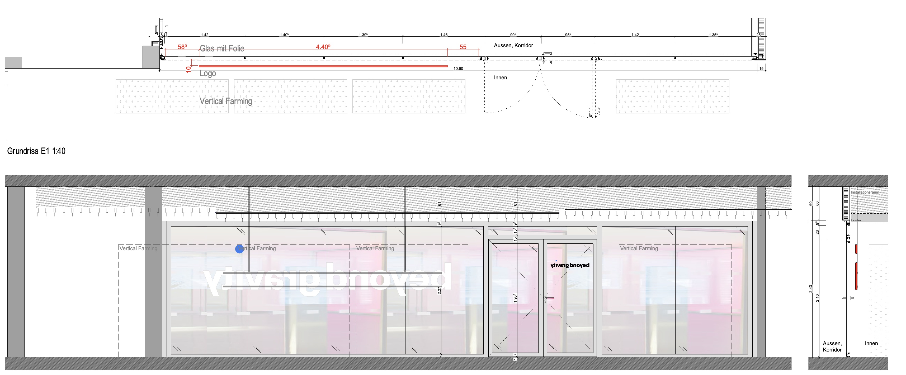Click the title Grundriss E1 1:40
36,151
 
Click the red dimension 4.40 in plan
323,47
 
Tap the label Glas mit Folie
222,49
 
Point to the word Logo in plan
207,74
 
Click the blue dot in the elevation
239,249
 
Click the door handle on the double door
549,298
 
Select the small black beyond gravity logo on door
570,265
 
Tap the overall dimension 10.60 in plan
458,69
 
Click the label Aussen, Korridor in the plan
513,45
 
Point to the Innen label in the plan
500,78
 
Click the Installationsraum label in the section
865,192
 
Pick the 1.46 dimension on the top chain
444,35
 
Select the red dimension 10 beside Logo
188,69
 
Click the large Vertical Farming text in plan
226,101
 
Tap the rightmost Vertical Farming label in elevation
639,248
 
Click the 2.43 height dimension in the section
810,289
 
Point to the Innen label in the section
871,343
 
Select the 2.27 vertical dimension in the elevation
439,291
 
